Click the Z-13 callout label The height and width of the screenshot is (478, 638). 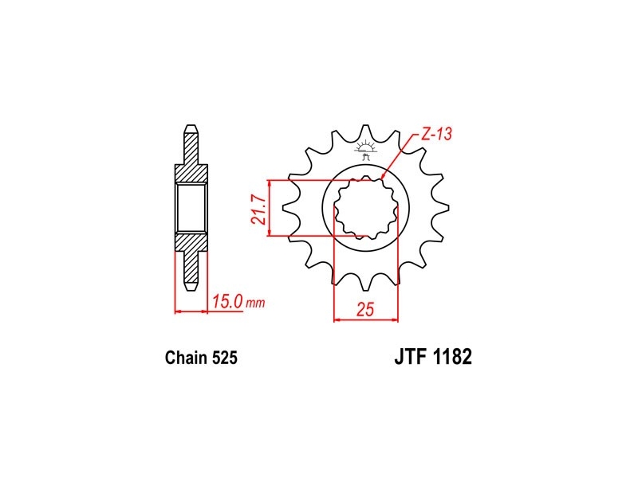coord(436,134)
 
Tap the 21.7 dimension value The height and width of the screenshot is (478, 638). coord(258,209)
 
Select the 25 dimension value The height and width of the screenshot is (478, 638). coord(365,310)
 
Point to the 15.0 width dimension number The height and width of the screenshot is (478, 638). coord(227,302)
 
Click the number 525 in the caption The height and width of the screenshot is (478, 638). coord(224,357)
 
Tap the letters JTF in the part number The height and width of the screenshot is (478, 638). coord(410,356)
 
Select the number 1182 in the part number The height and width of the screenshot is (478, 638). coord(452,356)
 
